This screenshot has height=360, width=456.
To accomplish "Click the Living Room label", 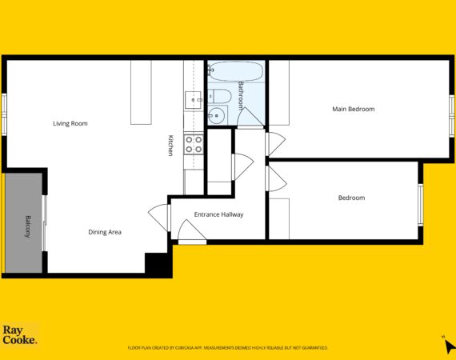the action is point(70,123).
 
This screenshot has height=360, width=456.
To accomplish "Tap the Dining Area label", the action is point(105,232).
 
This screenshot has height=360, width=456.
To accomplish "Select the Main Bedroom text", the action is point(354,109).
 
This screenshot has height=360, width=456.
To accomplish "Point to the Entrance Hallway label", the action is point(218,214).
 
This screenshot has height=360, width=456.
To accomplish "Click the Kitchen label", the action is point(171,146).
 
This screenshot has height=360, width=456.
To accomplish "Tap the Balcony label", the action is point(28,226).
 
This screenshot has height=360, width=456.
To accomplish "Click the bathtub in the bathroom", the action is point(237,71).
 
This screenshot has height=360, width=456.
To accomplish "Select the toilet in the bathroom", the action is point(220,96).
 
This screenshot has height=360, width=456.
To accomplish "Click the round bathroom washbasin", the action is point(216,115).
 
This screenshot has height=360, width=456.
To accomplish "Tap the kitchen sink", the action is point(193,100).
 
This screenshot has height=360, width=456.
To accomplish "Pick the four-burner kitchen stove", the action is point(194,145).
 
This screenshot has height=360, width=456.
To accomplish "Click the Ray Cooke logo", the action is point(20,335).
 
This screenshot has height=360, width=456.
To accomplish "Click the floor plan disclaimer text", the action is point(228,348).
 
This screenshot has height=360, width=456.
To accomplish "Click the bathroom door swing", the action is point(250,118).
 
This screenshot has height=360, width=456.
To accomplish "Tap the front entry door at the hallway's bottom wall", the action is point(192,232).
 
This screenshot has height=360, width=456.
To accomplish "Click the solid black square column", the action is point(156,263).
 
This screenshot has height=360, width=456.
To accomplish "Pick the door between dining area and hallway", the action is point(159,218).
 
